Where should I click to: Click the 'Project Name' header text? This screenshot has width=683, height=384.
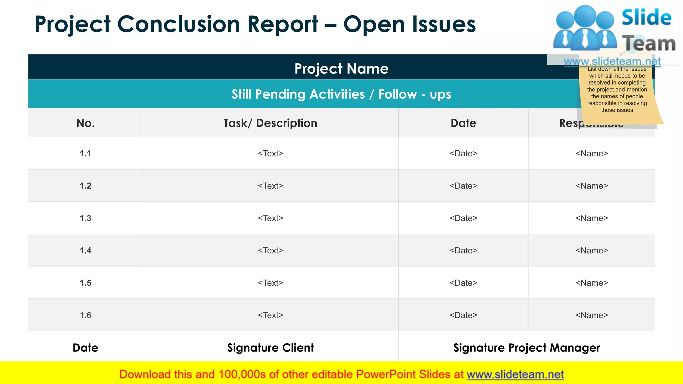pos(341,69)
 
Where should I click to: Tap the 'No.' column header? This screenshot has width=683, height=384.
pos(85,123)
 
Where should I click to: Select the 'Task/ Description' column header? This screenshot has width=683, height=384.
pos(270,123)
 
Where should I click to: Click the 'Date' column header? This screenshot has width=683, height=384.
pos(463,123)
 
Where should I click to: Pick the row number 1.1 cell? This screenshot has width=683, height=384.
pos(85,153)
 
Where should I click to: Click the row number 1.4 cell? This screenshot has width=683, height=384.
pos(85,250)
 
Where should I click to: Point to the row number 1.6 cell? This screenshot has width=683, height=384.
pos(85,315)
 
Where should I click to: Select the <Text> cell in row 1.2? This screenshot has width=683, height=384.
pos(270,186)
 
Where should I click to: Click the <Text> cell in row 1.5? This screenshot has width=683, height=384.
pos(270,283)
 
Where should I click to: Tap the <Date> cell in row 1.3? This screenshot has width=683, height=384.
pos(463,218)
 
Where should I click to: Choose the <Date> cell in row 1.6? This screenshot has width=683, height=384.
pos(463,315)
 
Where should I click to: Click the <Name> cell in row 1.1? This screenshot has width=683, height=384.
pos(592,153)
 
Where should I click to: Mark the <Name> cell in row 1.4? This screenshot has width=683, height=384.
pos(592,250)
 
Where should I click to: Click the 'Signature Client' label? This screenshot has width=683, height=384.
pos(270,348)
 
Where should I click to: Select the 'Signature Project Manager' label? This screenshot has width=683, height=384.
pos(526,348)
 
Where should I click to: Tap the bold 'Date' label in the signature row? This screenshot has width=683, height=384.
pos(85,348)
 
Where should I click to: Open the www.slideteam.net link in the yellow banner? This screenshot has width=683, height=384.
pos(515,374)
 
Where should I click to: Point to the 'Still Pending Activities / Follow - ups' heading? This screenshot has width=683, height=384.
pos(341,94)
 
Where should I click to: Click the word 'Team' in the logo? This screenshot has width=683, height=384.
pos(649,44)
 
